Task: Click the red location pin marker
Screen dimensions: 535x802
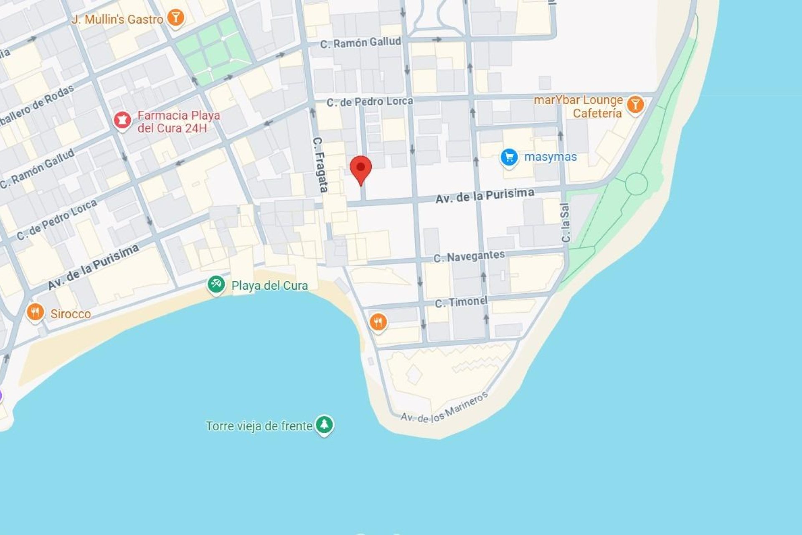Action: point(360,168)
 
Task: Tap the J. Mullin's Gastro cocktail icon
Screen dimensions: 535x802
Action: point(175,18)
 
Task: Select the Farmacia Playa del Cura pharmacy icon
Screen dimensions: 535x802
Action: point(122,120)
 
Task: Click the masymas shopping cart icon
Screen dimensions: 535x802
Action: point(509,158)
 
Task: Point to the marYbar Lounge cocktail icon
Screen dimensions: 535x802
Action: point(635,104)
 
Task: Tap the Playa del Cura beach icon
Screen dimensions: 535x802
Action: point(216,285)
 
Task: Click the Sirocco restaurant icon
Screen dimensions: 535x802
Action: point(35,312)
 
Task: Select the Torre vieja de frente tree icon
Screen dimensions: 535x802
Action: point(324,425)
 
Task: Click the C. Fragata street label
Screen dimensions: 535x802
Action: point(320,165)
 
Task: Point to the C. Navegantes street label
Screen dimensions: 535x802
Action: point(469,256)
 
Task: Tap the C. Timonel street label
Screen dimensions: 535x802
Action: point(461,302)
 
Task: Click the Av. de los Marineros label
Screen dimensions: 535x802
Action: point(444,408)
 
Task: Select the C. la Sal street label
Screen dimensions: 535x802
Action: point(566,222)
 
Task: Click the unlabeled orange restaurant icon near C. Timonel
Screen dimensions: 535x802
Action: point(378,322)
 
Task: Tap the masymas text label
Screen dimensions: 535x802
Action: point(550,157)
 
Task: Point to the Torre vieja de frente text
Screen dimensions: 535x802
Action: point(259,426)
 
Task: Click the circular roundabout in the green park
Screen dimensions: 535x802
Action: point(636,184)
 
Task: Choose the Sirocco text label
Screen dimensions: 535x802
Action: point(71,314)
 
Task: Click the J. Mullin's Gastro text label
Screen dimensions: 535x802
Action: point(117,19)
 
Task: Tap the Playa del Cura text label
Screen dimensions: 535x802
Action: point(269,285)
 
